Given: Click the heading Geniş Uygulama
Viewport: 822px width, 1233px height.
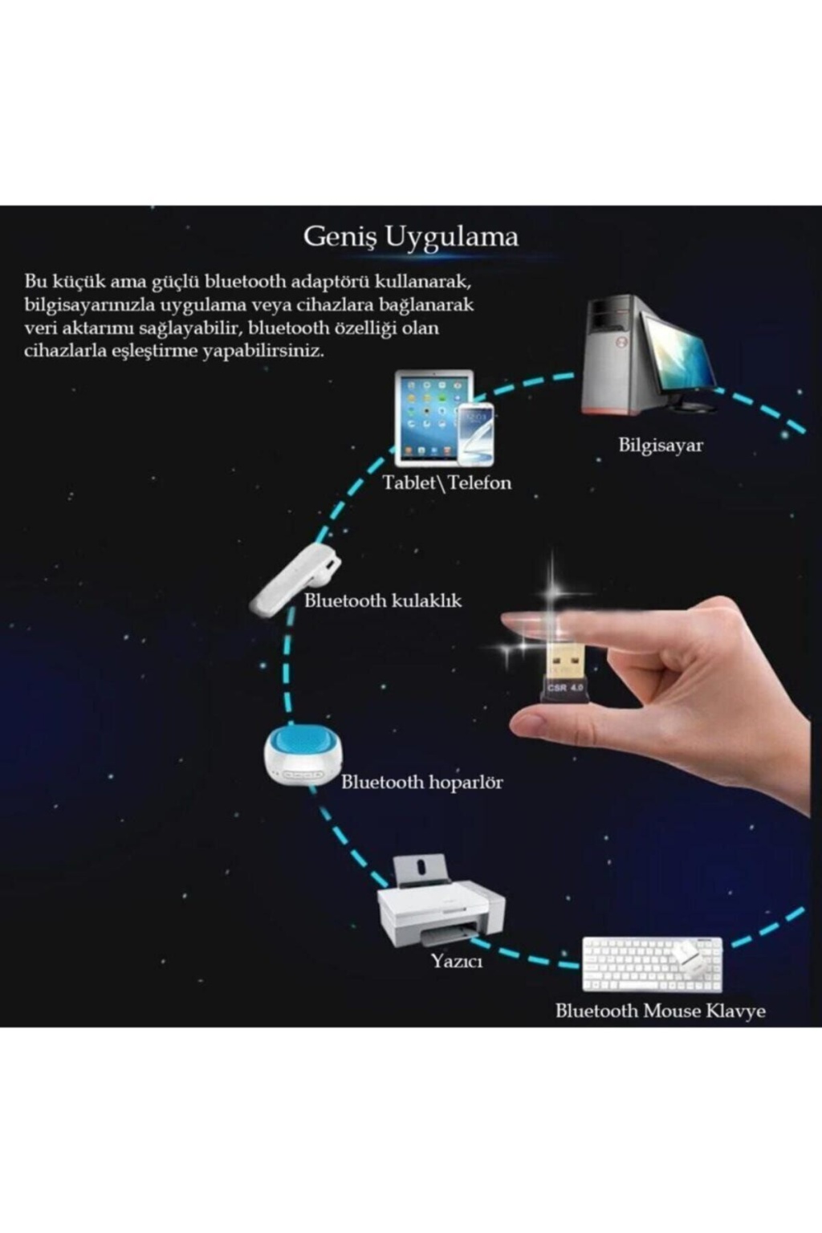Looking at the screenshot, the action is coord(411,238).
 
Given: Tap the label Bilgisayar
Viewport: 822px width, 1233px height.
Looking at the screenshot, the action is coord(661,445).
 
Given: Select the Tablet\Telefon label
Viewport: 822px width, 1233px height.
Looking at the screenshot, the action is coord(447,482).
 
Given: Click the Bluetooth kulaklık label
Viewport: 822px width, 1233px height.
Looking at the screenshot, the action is coord(383,600).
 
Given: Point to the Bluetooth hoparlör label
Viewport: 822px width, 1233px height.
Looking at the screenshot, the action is coord(421,782).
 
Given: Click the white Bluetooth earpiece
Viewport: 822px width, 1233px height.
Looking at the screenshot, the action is coord(295,578).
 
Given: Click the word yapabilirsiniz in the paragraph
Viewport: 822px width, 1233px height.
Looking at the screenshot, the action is coord(263,351).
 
